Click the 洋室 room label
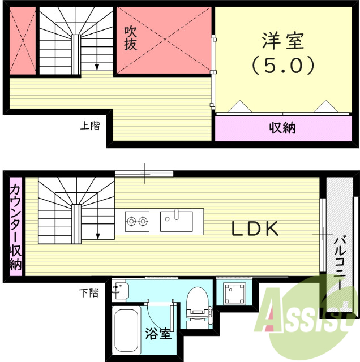[x=283, y=41]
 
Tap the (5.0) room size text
[x=283, y=66]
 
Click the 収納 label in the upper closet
[x=281, y=128]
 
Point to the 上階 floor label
[x=90, y=126]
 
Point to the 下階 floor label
[x=88, y=292]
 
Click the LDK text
[x=255, y=229]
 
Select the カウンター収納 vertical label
[x=15, y=226]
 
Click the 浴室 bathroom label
[x=158, y=333]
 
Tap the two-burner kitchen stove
[x=137, y=219]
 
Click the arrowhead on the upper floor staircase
[x=97, y=67]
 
